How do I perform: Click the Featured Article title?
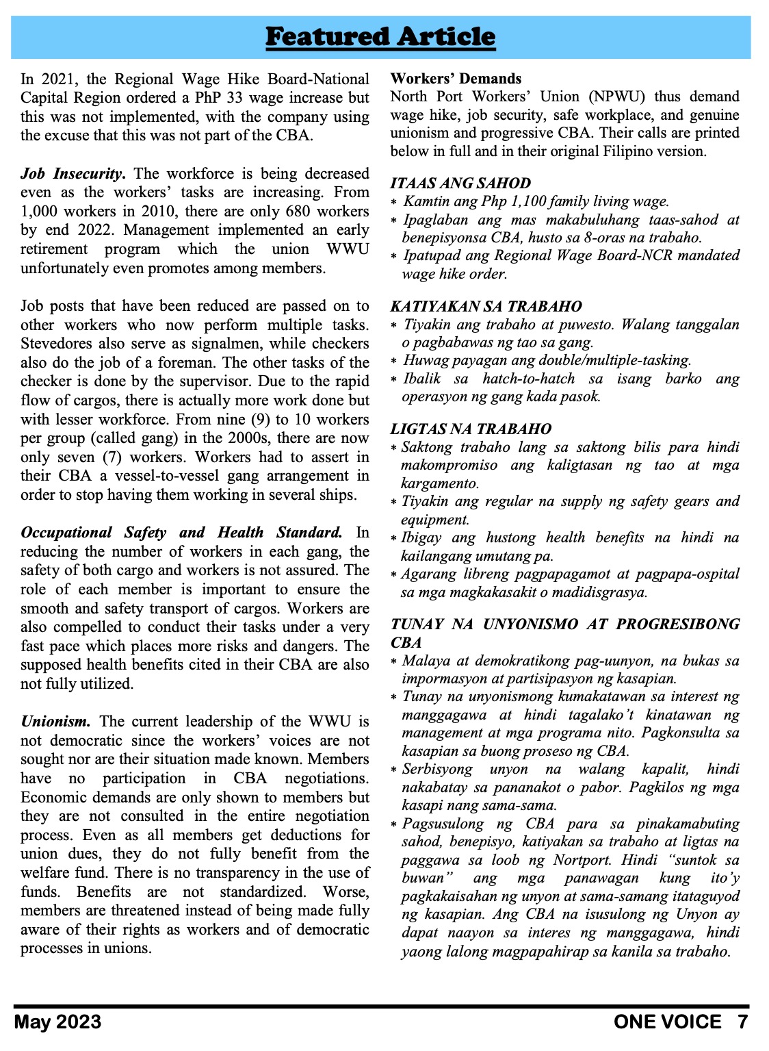pos(380,37)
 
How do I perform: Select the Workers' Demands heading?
pos(456,79)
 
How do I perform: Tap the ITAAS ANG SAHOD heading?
pos(460,183)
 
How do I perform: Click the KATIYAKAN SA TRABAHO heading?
pos(486,307)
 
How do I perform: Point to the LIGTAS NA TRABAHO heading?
pos(471,429)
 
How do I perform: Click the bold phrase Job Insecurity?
pos(73,174)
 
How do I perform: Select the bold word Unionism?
pos(55,722)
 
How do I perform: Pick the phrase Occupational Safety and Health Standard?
pos(181,533)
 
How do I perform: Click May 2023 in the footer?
pos(57,1022)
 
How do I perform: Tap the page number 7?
pos(742,1022)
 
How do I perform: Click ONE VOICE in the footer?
pos(667,1022)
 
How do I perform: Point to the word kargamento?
pos(439,483)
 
